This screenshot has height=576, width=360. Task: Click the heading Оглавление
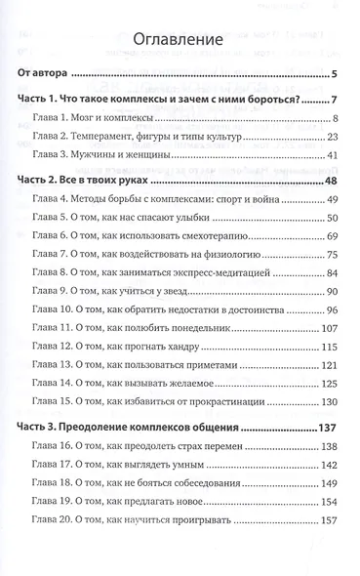[180, 39]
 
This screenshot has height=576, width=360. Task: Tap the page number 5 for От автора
[333, 75]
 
